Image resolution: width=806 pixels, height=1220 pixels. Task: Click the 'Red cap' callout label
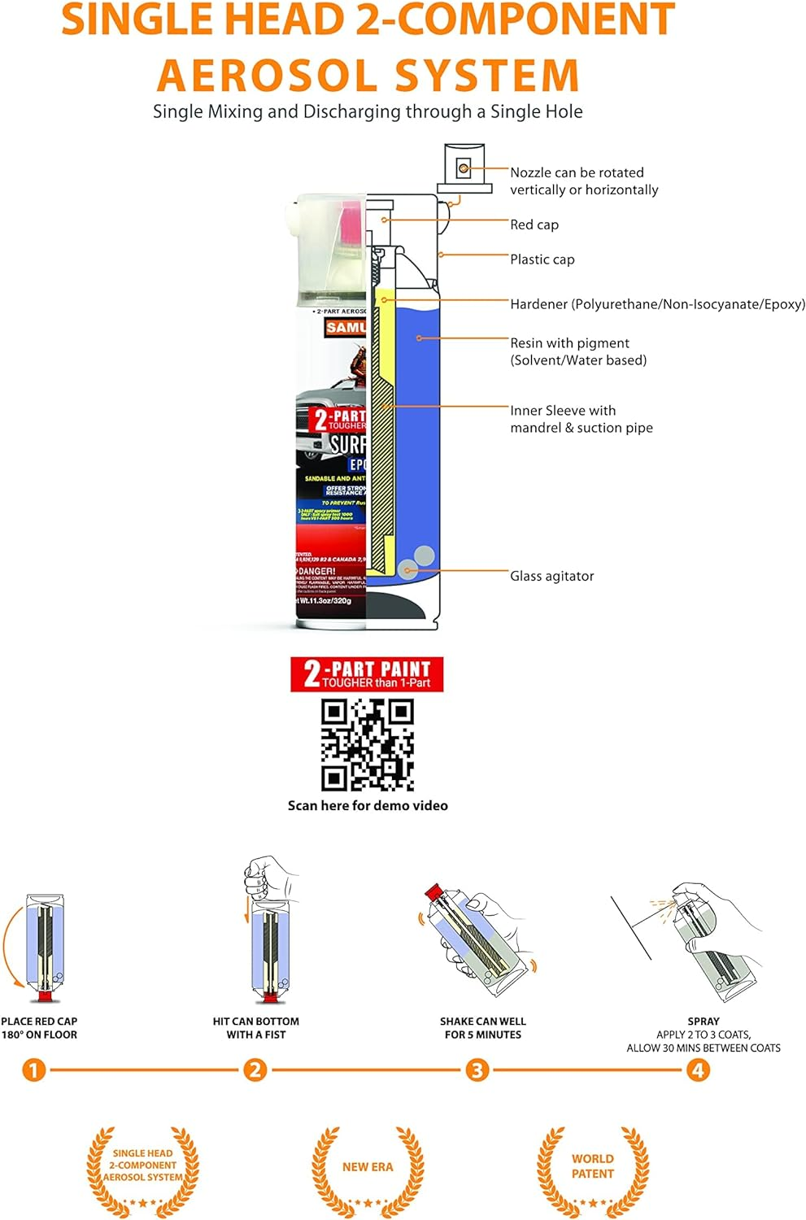(x=534, y=224)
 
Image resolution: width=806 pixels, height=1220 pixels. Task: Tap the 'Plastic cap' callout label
(x=542, y=259)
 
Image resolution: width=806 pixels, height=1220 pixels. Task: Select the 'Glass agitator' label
(x=551, y=576)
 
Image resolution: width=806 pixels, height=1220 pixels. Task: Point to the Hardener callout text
(x=657, y=304)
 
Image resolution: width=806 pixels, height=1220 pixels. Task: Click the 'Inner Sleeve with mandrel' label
(x=581, y=419)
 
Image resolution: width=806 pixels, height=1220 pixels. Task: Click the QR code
(x=368, y=744)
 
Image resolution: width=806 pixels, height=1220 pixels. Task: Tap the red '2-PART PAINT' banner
(x=367, y=674)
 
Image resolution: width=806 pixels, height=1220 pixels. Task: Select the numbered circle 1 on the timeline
(x=33, y=1070)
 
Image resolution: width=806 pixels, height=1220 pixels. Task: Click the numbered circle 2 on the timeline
(x=255, y=1070)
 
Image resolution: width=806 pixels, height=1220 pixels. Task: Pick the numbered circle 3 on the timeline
(x=477, y=1070)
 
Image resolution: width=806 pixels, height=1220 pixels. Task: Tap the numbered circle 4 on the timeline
(x=698, y=1070)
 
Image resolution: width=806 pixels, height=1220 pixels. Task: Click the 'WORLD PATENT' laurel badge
(x=592, y=1167)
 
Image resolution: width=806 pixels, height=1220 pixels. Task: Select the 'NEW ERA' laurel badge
(x=368, y=1167)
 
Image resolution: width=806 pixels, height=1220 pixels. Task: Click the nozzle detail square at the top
(x=464, y=168)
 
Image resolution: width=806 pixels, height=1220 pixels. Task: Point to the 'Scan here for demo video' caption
(x=368, y=805)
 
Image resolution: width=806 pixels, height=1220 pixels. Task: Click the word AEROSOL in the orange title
(x=268, y=76)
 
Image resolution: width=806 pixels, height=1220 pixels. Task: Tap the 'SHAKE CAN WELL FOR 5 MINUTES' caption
(x=483, y=1028)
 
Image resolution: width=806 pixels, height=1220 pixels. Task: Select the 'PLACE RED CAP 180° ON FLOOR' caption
(x=39, y=1028)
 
